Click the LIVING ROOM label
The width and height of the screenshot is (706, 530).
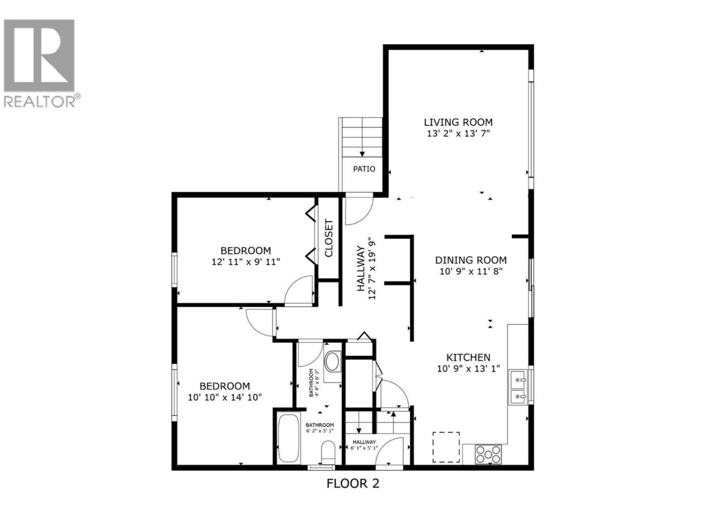click(x=458, y=122)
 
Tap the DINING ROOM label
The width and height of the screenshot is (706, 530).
click(x=471, y=260)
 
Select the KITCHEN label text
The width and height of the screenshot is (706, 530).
click(x=468, y=358)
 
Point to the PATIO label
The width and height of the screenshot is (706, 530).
click(x=364, y=169)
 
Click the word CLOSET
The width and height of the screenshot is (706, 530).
click(x=329, y=238)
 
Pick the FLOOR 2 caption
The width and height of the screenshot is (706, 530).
click(x=353, y=492)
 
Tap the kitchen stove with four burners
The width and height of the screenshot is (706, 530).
click(x=488, y=454)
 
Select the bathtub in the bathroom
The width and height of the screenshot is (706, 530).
click(x=288, y=438)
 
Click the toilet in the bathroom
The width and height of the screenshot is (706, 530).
click(x=328, y=453)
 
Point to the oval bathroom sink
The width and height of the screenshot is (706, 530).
click(x=333, y=362)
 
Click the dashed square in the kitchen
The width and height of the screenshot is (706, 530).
click(x=446, y=447)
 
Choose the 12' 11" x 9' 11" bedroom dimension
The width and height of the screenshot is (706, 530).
click(x=246, y=262)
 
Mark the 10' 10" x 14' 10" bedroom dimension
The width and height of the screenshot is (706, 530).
click(x=225, y=397)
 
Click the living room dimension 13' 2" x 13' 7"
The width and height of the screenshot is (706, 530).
click(x=458, y=133)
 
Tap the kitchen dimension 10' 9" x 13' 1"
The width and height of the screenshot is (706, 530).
click(x=468, y=368)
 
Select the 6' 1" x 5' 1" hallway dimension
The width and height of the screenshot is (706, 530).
click(x=364, y=448)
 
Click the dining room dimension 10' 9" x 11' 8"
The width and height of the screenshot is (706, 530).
click(x=471, y=271)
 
